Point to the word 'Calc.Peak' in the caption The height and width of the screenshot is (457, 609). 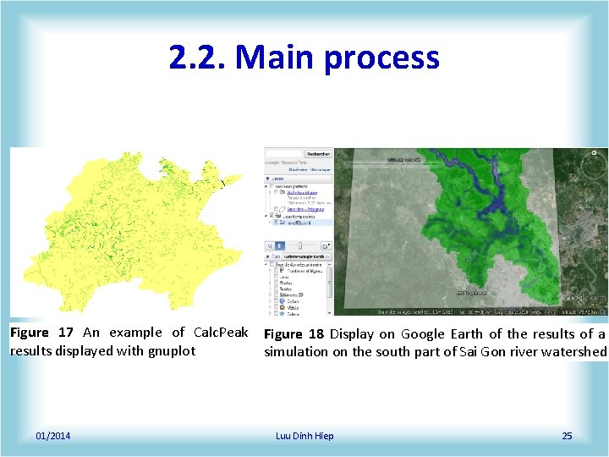tap(221, 333)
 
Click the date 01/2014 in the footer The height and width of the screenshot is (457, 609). tap(53, 436)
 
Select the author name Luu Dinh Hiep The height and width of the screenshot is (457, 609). tap(304, 436)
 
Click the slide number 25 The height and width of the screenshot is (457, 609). tap(567, 436)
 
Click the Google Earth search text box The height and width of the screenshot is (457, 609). tap(284, 154)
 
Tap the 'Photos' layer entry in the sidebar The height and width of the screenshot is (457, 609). tap(286, 282)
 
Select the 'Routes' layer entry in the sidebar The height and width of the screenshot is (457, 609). tap(286, 289)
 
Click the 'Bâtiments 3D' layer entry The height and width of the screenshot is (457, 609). tap(291, 295)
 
